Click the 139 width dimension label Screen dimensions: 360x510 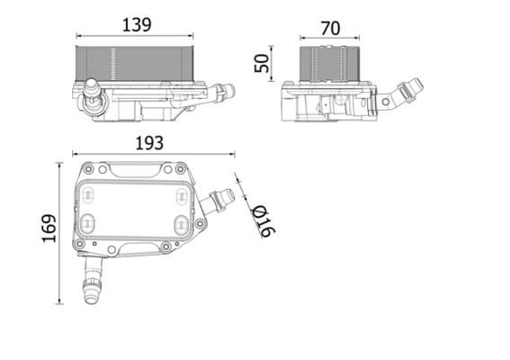point(137,24)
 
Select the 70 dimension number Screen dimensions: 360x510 point(330,28)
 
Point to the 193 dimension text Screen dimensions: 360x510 point(149,142)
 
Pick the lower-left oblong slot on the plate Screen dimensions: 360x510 point(87,223)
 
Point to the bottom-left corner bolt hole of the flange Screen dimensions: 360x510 point(79,245)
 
